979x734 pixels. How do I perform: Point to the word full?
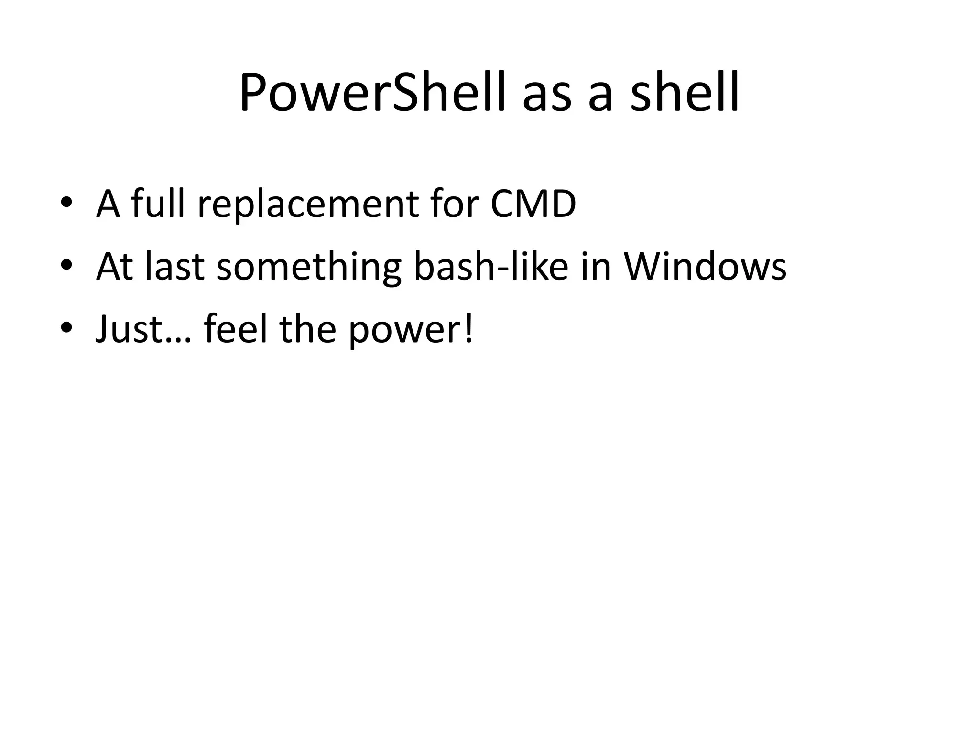(158, 203)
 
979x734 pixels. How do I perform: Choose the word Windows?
(705, 266)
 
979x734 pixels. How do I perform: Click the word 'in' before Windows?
(596, 266)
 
